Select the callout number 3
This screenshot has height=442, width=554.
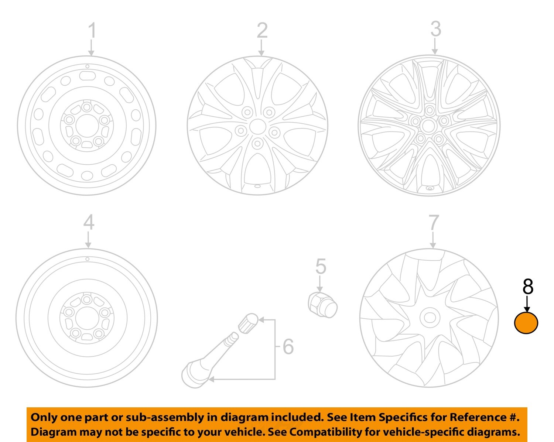435,29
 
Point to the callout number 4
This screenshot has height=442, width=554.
89,222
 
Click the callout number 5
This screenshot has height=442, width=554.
321,267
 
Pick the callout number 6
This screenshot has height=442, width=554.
288,347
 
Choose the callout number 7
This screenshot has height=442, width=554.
433,223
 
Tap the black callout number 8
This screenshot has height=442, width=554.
528,287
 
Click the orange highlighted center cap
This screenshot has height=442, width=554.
526,323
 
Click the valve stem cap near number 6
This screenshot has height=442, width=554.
248,322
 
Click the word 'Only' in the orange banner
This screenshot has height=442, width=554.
44,417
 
